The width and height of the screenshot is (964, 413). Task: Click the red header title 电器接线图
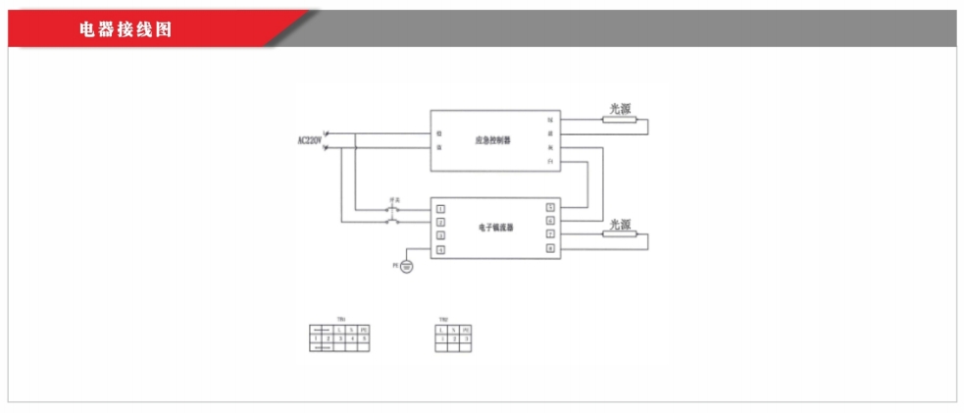click(x=126, y=29)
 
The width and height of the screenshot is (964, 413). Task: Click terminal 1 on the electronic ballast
click(x=441, y=208)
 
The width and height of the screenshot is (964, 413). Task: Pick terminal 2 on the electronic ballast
click(x=441, y=222)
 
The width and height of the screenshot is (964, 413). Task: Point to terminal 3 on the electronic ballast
click(x=441, y=235)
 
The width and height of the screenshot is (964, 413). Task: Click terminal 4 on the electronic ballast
click(x=441, y=250)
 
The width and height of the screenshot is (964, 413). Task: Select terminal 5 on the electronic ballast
click(x=550, y=208)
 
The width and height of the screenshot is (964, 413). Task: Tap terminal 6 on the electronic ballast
click(x=550, y=222)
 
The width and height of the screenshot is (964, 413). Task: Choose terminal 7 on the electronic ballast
click(x=550, y=235)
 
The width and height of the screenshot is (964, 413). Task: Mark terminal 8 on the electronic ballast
click(x=550, y=249)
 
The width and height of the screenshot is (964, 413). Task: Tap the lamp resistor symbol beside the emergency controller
click(x=620, y=121)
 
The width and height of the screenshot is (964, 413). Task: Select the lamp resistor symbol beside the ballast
click(x=620, y=235)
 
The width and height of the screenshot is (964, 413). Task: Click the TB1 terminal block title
click(x=339, y=320)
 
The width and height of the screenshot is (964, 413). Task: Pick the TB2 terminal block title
click(x=444, y=320)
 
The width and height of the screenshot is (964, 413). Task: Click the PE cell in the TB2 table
click(x=466, y=329)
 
